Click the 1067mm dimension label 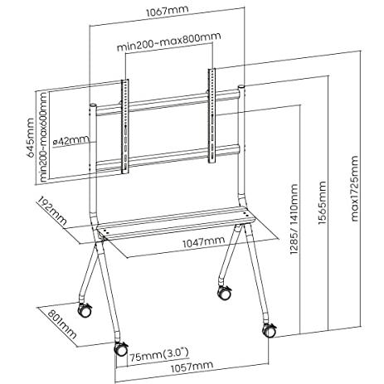pos(168,12)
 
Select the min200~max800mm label pos(169,41)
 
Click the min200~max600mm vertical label pos(43,137)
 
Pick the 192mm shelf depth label pos(52,211)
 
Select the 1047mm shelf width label pos(204,242)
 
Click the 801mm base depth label pos(62,324)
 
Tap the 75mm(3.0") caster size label pos(159,354)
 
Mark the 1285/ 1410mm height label pos(294,219)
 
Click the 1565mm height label pos(323,203)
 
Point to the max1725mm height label pos(354,188)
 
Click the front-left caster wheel pos(121,349)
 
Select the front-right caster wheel pos(270,331)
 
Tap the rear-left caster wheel pos(85,310)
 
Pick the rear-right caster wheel pos(225,293)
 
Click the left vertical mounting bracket pos(125,127)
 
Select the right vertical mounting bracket pos(211,116)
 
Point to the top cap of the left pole pos(93,105)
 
